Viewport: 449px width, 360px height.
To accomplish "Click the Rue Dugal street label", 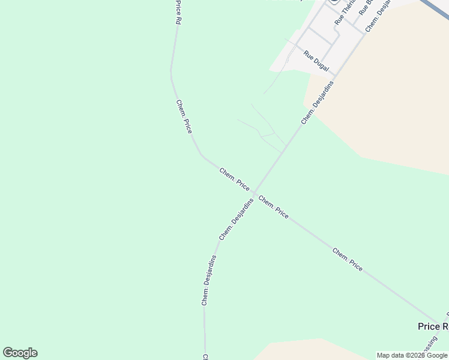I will [316, 61].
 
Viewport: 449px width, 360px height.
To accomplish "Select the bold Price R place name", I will [433, 326].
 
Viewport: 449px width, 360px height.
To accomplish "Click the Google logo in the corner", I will [20, 353].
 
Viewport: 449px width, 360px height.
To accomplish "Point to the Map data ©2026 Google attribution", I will [412, 355].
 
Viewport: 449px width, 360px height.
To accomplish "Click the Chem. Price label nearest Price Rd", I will [184, 116].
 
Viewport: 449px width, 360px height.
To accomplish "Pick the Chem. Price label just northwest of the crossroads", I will [234, 179].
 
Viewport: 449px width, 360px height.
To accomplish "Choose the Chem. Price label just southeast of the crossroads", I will [274, 207].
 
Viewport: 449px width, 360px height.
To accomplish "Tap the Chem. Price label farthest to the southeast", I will [348, 259].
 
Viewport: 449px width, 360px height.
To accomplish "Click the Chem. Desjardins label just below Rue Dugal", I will [317, 102].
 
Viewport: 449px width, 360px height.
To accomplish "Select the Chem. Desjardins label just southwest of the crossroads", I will [236, 220].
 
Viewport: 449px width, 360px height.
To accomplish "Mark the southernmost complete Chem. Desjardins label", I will [209, 280].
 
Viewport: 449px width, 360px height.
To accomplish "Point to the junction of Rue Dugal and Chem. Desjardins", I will [335, 77].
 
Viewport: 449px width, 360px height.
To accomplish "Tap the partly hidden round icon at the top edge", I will [334, 2].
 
